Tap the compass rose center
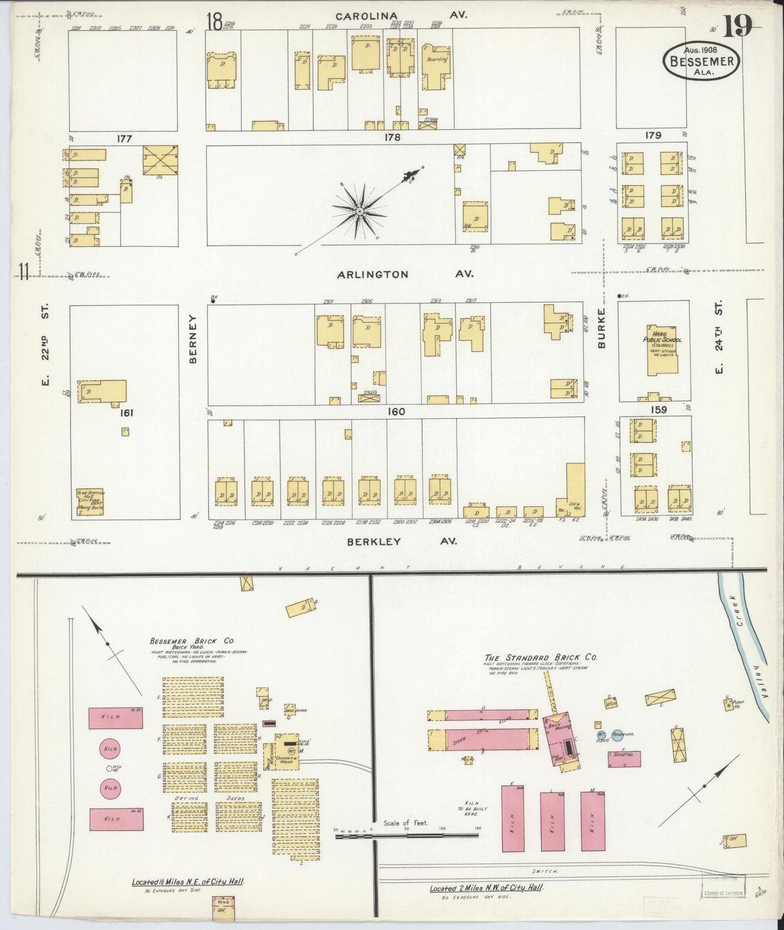pos(359,211)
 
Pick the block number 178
pos(392,138)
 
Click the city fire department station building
pos(90,501)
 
